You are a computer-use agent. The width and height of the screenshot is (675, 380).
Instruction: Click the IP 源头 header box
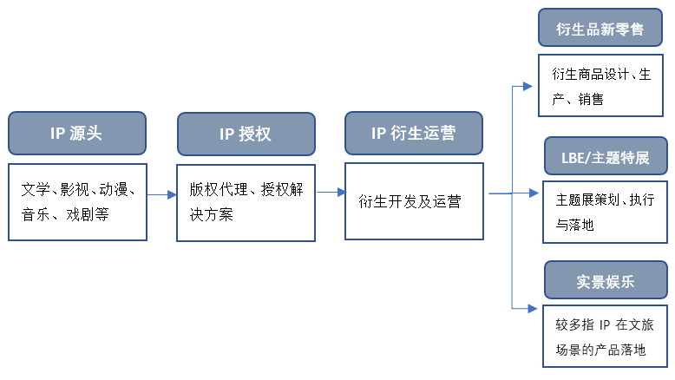pos(77,133)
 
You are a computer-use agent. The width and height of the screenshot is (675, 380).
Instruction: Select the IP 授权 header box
pos(246,134)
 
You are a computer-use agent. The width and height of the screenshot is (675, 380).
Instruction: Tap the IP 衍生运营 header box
pos(414,133)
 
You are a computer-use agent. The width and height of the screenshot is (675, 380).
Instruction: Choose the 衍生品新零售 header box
pos(600,27)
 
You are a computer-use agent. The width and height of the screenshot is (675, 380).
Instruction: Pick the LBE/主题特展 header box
pos(606,156)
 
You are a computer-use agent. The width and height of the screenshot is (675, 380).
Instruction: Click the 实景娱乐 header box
pos(606,279)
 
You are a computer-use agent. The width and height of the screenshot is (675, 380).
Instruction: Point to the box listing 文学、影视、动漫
pos(77,202)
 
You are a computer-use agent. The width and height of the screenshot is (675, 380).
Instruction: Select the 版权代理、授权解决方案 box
pos(246,203)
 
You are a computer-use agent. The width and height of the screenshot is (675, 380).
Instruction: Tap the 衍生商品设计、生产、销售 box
pos(600,85)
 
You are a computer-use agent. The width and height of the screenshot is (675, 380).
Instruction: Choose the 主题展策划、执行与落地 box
pos(605,213)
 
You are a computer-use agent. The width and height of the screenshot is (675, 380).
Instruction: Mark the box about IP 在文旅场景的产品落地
pos(605,336)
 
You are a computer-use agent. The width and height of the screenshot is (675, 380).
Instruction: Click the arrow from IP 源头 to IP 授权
pos(162,195)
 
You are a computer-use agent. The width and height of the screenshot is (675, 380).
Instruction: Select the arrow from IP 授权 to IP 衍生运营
pos(331,193)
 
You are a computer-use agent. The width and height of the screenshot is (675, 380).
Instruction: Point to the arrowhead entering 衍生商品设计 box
pos(528,87)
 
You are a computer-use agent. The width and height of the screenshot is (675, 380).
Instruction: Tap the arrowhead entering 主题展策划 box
pos(534,193)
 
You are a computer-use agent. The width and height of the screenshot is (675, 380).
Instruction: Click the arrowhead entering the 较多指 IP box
pos(533,309)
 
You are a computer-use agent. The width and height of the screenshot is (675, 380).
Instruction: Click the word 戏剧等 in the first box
pos(88,214)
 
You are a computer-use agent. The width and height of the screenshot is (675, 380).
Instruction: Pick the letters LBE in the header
pos(573,158)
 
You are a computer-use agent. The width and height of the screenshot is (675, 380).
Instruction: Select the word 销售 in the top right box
pos(591,100)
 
